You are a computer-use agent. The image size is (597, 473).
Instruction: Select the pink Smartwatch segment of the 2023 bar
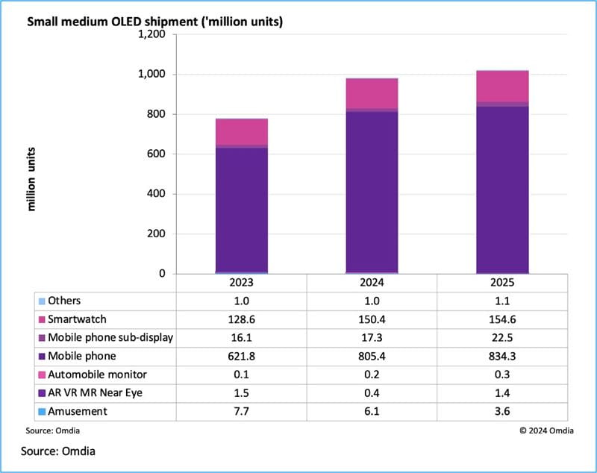(242, 131)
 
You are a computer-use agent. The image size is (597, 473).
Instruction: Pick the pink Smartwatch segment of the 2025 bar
(502, 86)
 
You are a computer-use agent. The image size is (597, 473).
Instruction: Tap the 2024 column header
(372, 284)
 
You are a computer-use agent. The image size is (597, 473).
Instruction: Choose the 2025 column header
(502, 284)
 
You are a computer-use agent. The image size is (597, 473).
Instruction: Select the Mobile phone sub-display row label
(110, 337)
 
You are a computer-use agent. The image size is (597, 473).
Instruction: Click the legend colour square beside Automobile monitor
(41, 375)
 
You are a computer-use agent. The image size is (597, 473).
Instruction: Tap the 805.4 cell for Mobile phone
(372, 356)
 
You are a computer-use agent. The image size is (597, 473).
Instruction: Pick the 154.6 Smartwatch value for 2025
(502, 319)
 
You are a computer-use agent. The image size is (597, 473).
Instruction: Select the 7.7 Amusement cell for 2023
(242, 411)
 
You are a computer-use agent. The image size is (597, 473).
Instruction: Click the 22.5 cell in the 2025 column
(502, 337)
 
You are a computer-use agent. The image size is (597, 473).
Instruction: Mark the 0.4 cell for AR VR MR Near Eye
(372, 393)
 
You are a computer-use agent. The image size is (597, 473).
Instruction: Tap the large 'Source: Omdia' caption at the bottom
(59, 451)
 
